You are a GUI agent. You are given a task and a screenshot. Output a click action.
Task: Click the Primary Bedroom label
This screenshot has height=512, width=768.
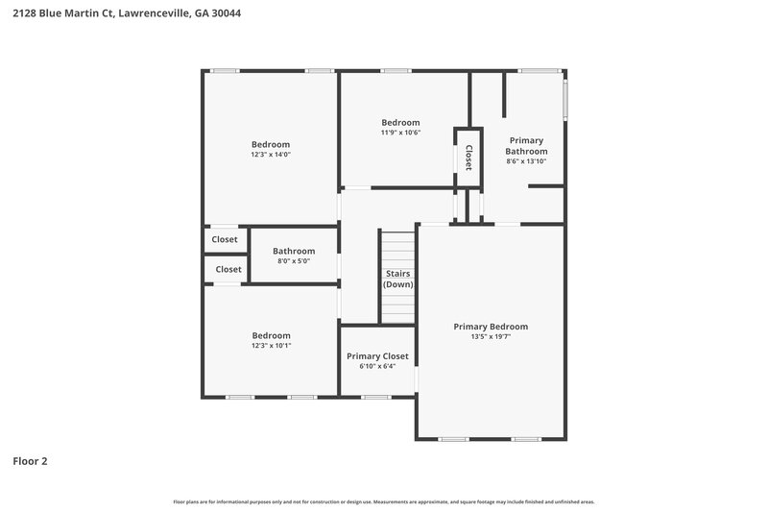tap(491, 327)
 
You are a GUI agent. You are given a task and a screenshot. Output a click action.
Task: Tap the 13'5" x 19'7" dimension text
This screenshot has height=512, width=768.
tap(491, 337)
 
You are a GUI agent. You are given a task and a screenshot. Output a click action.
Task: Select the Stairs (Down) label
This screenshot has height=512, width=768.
tap(398, 279)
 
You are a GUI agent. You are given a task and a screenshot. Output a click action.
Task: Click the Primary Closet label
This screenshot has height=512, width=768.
tap(377, 355)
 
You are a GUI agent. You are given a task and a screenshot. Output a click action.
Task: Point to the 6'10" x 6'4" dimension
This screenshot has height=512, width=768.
tap(377, 366)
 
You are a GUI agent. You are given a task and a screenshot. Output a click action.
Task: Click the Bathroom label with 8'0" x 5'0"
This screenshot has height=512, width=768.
tap(294, 251)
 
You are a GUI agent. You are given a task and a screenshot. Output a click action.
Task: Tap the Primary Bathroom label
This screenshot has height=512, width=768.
tap(527, 145)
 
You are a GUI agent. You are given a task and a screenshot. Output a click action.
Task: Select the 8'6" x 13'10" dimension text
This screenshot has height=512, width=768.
tap(527, 161)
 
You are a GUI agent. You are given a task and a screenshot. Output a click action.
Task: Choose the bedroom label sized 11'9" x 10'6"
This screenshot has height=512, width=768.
tap(400, 122)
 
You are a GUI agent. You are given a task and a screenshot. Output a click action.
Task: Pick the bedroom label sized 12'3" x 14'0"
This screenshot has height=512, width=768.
tap(271, 144)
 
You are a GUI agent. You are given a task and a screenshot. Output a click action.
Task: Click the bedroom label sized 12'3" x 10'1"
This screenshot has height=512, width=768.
tap(271, 335)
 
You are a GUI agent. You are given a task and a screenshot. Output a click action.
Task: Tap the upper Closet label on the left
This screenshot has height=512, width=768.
tap(225, 239)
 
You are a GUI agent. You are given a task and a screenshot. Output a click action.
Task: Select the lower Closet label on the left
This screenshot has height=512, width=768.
tap(228, 269)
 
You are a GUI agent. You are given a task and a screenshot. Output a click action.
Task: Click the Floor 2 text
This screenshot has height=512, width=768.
tap(30, 461)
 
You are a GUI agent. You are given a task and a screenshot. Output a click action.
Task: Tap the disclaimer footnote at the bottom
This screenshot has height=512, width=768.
tap(384, 501)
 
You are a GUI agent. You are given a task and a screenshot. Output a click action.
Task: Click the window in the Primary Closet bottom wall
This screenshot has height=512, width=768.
tap(376, 396)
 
